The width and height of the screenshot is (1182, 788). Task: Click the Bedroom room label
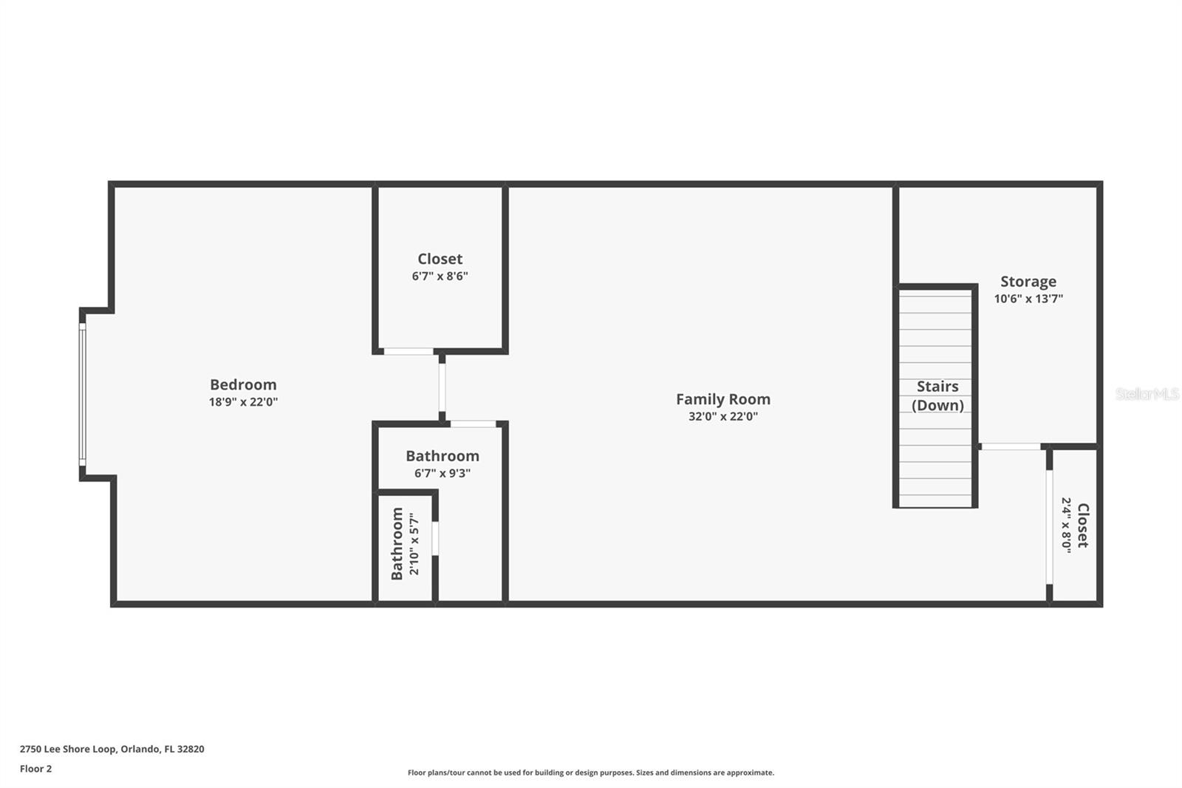[243, 384]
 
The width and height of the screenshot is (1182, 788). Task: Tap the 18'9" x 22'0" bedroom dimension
[243, 402]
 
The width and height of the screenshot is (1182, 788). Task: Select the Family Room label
[722, 399]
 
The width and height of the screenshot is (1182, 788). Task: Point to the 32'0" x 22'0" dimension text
[722, 416]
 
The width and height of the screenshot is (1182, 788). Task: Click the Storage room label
[1028, 282]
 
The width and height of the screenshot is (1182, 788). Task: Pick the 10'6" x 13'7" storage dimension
[1028, 299]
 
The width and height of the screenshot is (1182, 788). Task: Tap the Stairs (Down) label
[937, 395]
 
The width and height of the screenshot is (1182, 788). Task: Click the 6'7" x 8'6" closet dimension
[440, 276]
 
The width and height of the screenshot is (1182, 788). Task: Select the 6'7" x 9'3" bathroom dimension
[442, 473]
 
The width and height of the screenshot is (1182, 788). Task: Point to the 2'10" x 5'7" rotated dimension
[414, 543]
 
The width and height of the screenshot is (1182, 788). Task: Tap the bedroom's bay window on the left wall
[82, 395]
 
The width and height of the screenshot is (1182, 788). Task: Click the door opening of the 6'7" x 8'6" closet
[408, 351]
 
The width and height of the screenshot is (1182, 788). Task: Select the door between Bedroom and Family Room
[442, 387]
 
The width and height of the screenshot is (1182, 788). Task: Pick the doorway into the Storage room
[1010, 446]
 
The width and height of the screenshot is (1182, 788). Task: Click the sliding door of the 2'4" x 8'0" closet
[1048, 526]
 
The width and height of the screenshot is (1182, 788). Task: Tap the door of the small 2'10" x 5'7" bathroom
[435, 538]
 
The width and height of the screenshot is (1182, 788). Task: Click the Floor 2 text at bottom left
[35, 769]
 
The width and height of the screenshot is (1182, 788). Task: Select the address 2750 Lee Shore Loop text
[112, 749]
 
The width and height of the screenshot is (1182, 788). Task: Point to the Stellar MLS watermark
[1147, 394]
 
